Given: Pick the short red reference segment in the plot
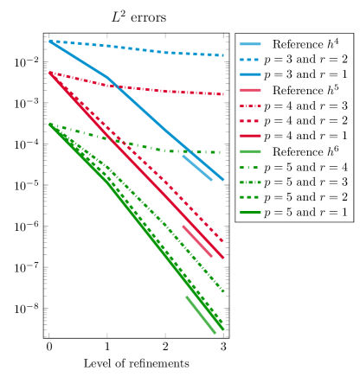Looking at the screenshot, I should [x=197, y=240].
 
